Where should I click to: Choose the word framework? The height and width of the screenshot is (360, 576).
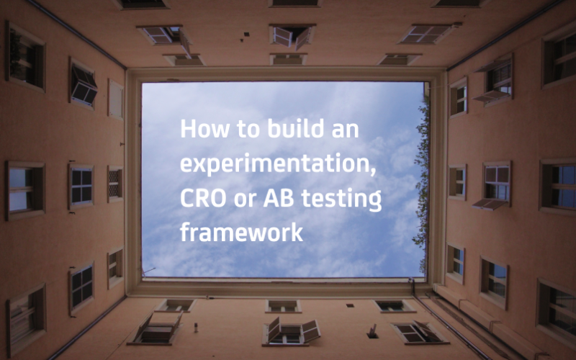pos(241,233)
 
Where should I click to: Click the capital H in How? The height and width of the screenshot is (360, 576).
pos(187,130)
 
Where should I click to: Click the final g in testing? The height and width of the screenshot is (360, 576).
pos(375,203)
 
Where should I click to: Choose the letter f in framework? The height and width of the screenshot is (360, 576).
pos(185,232)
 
